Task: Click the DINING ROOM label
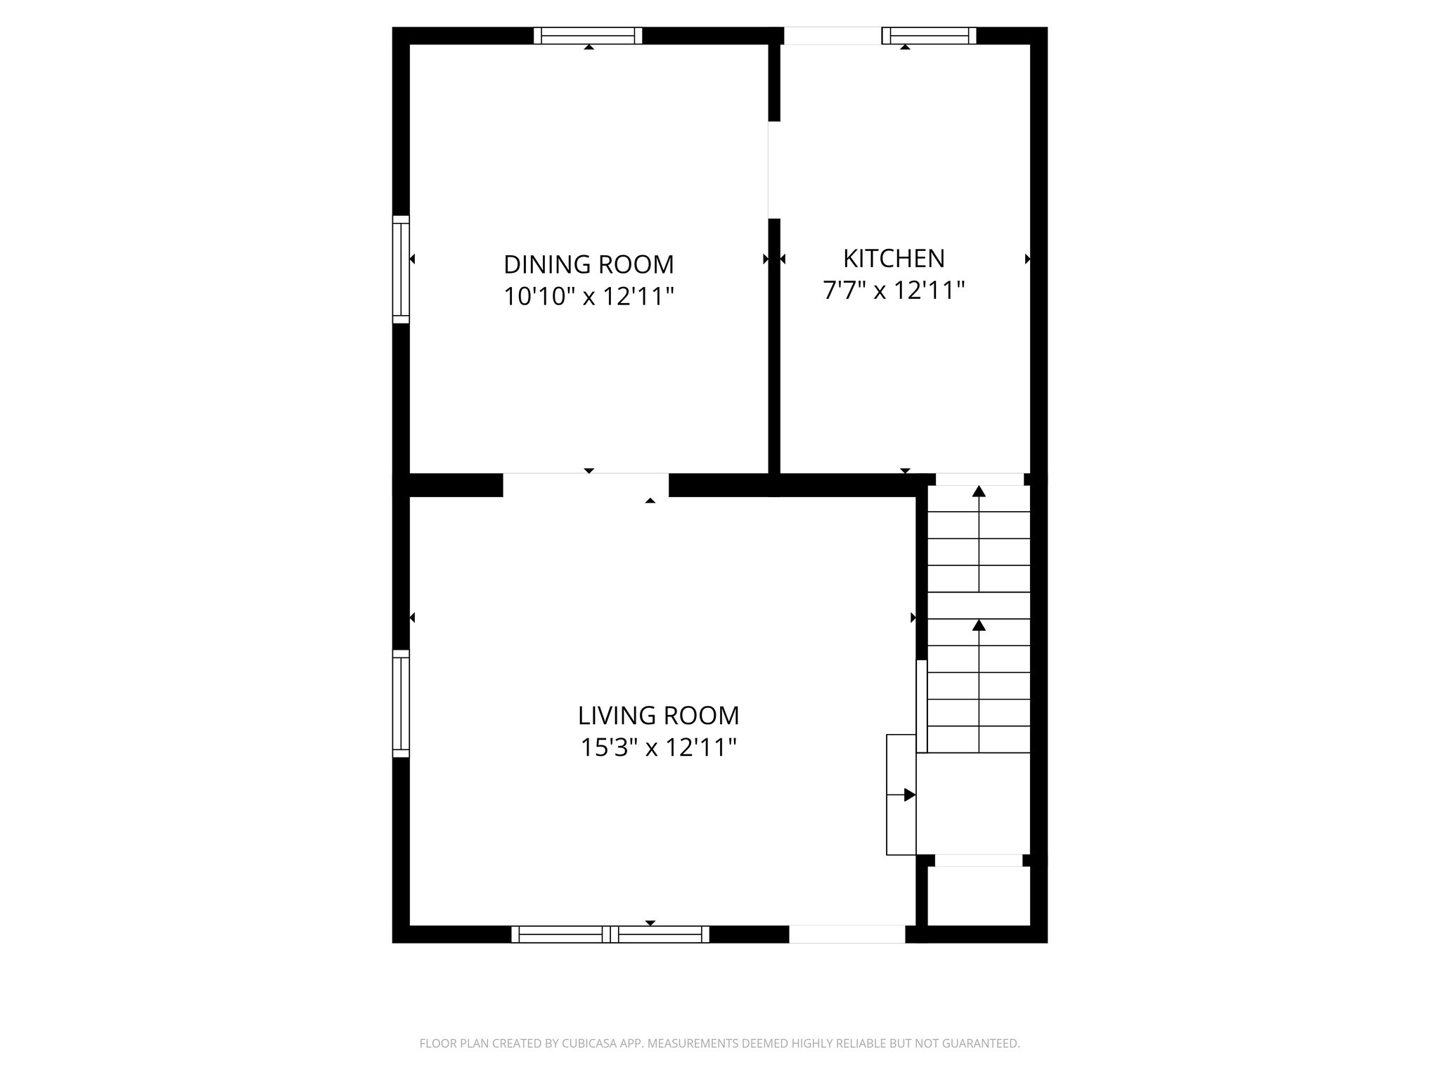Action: (x=589, y=265)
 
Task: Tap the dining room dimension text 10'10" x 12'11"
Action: (x=589, y=297)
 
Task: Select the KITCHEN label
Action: (x=894, y=259)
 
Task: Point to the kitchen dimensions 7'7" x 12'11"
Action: (x=894, y=290)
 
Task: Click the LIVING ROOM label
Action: (x=658, y=716)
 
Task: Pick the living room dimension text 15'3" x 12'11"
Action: (x=658, y=747)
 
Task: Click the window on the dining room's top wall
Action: (x=588, y=35)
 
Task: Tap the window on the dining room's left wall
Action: (x=400, y=269)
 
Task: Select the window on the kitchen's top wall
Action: (x=929, y=35)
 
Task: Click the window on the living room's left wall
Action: (x=400, y=703)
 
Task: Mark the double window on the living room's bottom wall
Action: (x=610, y=934)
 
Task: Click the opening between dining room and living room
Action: (x=586, y=484)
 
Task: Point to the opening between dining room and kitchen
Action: (x=774, y=170)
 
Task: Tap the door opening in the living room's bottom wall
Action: (x=847, y=934)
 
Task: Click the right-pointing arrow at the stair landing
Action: (x=908, y=795)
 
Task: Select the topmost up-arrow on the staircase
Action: (x=979, y=491)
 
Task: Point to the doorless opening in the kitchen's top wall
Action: (x=832, y=35)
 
